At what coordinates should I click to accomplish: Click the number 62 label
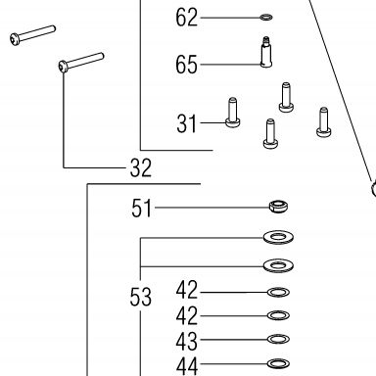coord(187,18)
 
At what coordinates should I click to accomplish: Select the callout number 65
coord(187,65)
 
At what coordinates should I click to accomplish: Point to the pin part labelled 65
coord(266,52)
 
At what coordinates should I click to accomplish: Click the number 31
coord(187,123)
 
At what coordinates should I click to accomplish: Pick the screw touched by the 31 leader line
coord(233,113)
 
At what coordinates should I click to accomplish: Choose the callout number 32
coord(141,168)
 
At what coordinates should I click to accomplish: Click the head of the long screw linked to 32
coord(64,67)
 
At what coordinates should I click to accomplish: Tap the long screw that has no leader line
coord(32,35)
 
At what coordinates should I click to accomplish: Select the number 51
coord(141,209)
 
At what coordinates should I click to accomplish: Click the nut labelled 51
coord(278,207)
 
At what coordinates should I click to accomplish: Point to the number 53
coord(141,297)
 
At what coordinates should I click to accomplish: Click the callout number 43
coord(187,342)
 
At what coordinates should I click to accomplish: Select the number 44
coord(187,366)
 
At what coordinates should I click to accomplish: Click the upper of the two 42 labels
coord(187,290)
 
